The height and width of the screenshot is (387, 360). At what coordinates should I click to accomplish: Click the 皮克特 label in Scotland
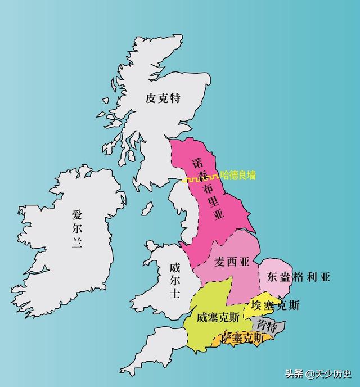163,98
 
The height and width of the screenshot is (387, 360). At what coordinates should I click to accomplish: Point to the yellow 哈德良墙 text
237,175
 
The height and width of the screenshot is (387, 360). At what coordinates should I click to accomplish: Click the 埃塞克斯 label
276,305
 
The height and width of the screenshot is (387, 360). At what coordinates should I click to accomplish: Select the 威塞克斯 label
218,317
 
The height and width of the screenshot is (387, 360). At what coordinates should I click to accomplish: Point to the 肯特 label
265,325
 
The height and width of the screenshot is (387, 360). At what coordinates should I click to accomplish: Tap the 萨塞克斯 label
242,337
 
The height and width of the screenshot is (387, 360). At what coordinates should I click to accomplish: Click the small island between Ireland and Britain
147,210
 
